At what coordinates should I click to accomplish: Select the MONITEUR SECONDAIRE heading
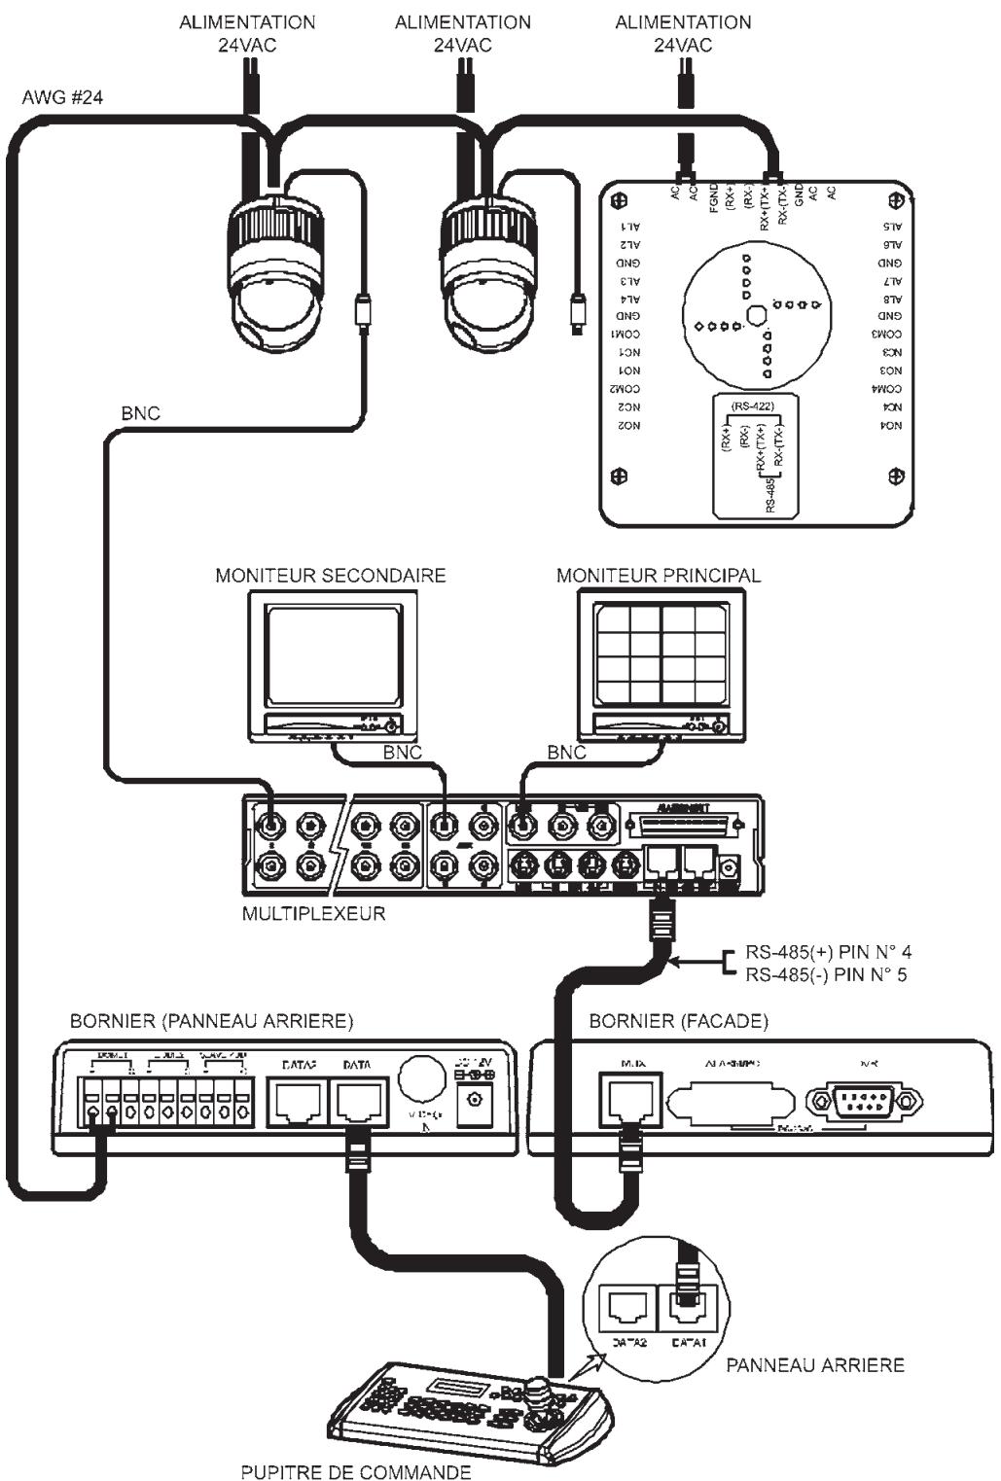tap(330, 575)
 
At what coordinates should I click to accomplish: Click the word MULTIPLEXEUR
tap(313, 913)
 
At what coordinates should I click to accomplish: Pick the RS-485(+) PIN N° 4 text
tap(828, 952)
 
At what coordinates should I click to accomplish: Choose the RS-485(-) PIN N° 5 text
tap(826, 974)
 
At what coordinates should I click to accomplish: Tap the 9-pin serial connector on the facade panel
tap(864, 1101)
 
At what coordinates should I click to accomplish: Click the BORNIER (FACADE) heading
tap(678, 1020)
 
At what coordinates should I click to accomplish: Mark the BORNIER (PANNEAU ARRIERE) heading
tap(211, 1020)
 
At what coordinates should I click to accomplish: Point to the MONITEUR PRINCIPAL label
tap(659, 575)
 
